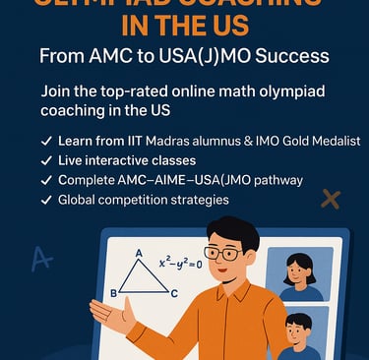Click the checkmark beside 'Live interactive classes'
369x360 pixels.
coord(47,160)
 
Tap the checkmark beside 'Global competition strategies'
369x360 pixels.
coord(47,200)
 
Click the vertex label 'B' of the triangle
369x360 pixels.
coord(114,293)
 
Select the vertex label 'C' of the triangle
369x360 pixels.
coord(174,293)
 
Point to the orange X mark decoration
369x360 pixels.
coord(331,200)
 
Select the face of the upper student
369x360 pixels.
coord(299,269)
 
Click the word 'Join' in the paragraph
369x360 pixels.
coord(59,90)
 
